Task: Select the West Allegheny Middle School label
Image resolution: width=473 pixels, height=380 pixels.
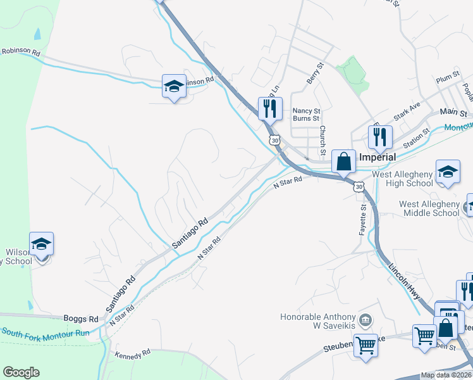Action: (x=429, y=208)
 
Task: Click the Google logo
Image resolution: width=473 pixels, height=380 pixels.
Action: (x=21, y=372)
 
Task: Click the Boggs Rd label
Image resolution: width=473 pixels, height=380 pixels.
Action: (x=81, y=319)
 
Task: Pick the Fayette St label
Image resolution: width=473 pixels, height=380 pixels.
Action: (x=363, y=220)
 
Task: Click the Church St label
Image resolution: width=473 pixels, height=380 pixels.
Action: (x=322, y=140)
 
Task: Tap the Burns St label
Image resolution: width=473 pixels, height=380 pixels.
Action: (x=307, y=118)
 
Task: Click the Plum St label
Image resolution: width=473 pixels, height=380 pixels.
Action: (x=448, y=80)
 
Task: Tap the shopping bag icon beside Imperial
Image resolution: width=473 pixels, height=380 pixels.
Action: (x=343, y=161)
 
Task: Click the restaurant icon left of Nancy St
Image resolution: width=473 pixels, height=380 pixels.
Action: (x=269, y=108)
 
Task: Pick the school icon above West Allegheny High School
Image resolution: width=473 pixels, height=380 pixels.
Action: (x=448, y=172)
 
